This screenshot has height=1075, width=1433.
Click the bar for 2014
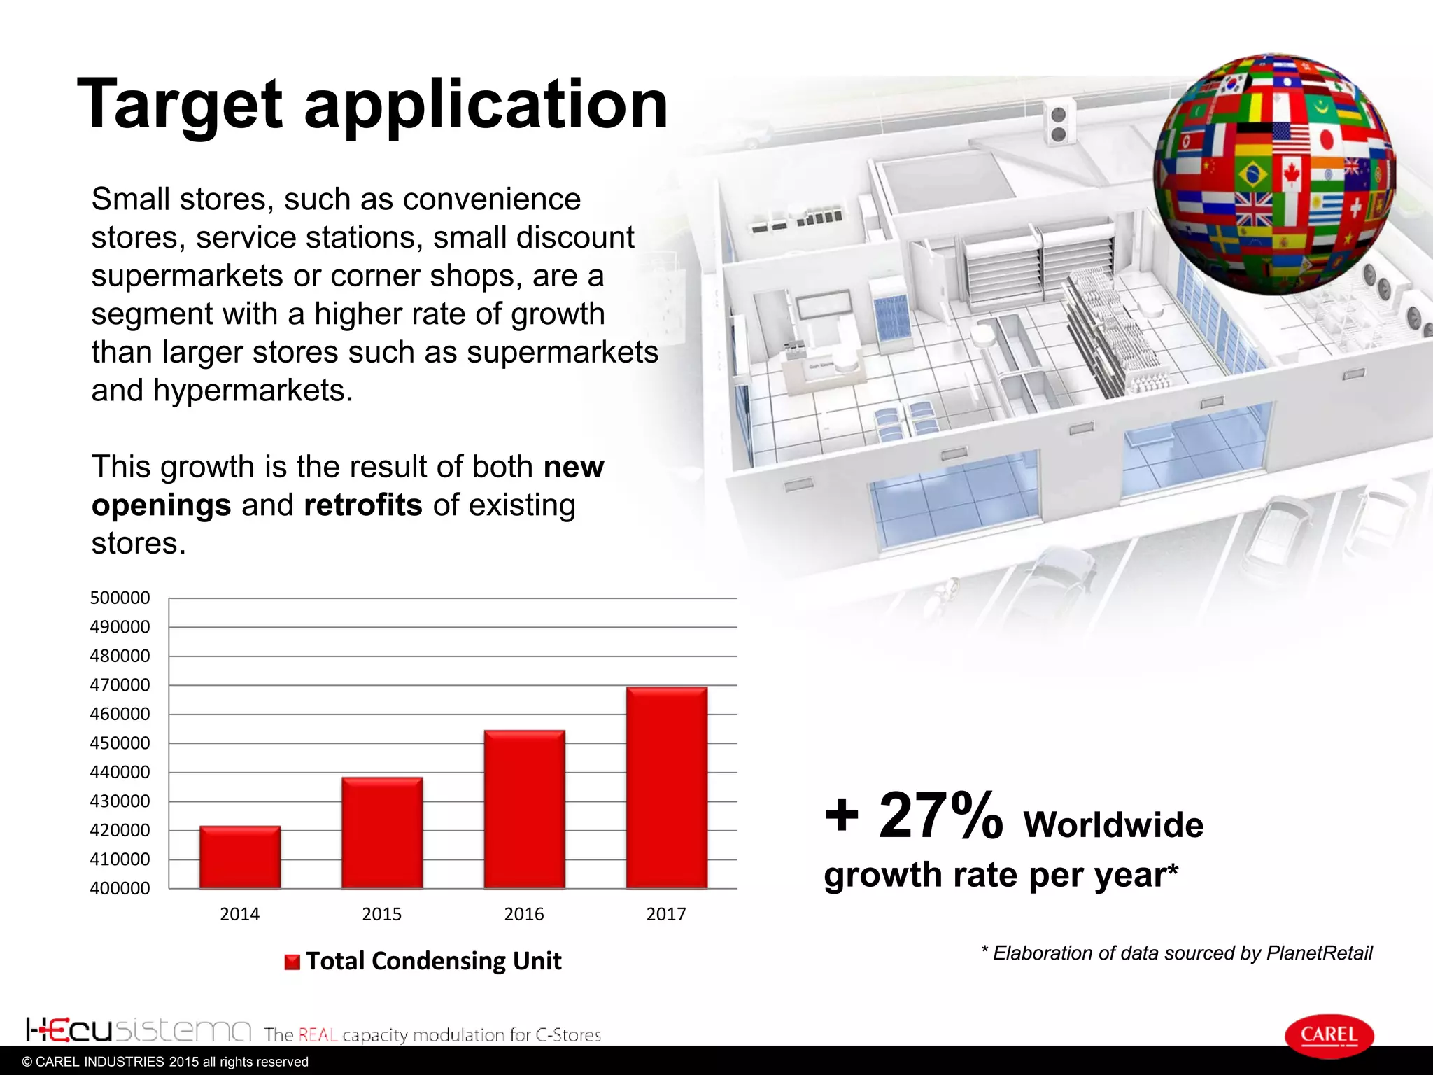tap(240, 857)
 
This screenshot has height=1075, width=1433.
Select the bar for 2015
tap(382, 833)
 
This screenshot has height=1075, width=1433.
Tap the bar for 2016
tap(524, 809)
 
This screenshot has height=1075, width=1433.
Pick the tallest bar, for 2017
tap(666, 787)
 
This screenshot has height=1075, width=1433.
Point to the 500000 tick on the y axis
tap(120, 598)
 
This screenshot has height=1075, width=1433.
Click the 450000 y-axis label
tap(120, 743)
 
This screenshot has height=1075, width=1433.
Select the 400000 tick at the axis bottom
tap(120, 888)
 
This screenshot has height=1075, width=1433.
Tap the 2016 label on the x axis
tap(524, 914)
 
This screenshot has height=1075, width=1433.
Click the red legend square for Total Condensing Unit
tap(292, 962)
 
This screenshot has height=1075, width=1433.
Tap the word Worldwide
tap(1113, 825)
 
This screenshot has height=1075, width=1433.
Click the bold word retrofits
tap(363, 505)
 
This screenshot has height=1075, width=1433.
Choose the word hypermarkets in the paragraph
tap(253, 391)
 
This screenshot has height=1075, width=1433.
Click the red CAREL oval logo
tap(1329, 1035)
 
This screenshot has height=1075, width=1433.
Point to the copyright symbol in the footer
tap(27, 1062)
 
